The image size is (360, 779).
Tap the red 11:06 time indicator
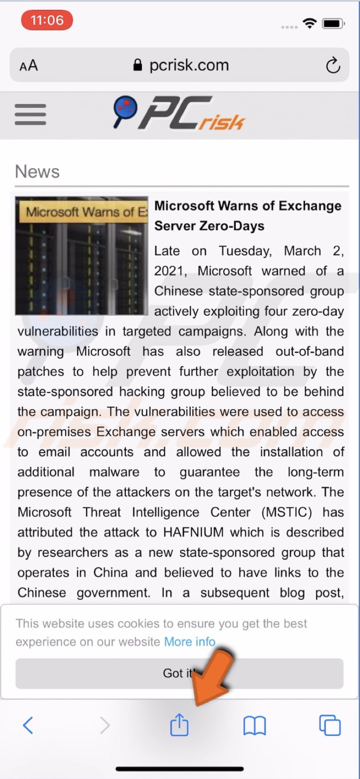coord(47,21)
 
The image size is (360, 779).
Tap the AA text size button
coord(29,66)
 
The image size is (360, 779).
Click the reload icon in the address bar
coord(333,65)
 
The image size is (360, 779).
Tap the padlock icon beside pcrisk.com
coord(137,65)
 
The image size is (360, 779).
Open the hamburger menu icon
coord(30,114)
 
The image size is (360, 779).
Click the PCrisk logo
coord(179,113)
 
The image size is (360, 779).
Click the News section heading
coord(37,172)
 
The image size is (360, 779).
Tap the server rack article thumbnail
coord(82,256)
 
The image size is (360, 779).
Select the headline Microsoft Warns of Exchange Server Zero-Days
coord(247,216)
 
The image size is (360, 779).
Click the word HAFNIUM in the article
coord(194,532)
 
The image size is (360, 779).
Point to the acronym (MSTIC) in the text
coord(287,512)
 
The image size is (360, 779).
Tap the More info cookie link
coord(190,641)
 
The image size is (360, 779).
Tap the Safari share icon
coord(179,725)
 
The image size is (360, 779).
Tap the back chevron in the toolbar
coord(28,725)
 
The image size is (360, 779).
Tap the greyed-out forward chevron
coord(105,725)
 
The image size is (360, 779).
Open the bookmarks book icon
coord(254,725)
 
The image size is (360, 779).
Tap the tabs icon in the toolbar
coord(329,725)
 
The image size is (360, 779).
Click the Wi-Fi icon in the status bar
coord(310,23)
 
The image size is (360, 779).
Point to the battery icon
coord(333,23)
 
